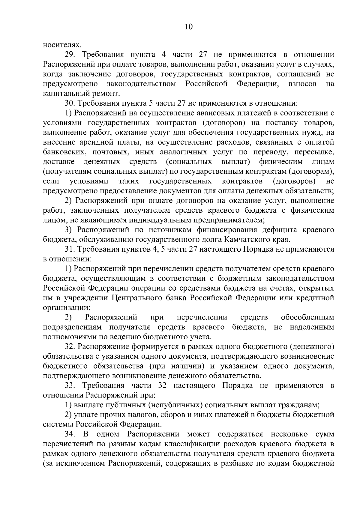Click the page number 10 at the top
[x=189, y=27]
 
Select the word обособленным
[x=307, y=317]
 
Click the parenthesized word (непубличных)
[x=174, y=405]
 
